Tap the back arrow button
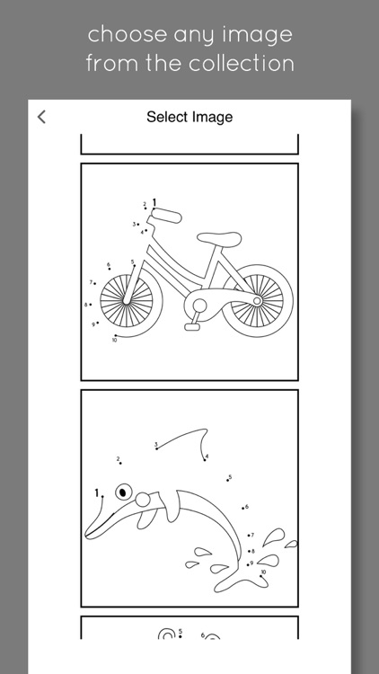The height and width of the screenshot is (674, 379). [x=41, y=117]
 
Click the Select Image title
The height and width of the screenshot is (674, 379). [x=189, y=117]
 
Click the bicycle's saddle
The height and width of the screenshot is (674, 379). [x=219, y=238]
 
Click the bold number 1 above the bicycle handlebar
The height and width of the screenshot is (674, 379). [x=154, y=203]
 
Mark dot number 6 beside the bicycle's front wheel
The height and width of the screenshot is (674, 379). [x=110, y=268]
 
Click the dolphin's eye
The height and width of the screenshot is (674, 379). [x=123, y=492]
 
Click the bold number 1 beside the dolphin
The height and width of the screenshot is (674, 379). [x=97, y=493]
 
